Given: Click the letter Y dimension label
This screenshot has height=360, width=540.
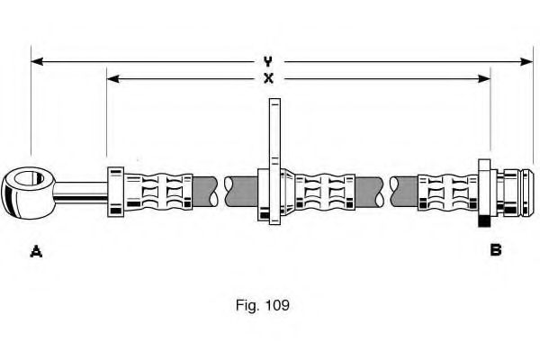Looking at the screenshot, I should click(267, 61).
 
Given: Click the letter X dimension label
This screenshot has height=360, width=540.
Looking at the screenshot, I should click(267, 78).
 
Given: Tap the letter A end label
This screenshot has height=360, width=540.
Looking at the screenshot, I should click(36, 251).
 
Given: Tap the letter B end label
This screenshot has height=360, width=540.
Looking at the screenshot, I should click(495, 250).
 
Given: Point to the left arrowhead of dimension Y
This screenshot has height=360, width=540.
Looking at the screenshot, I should click(37, 61).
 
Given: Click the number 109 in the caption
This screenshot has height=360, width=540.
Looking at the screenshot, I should click(276, 305).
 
